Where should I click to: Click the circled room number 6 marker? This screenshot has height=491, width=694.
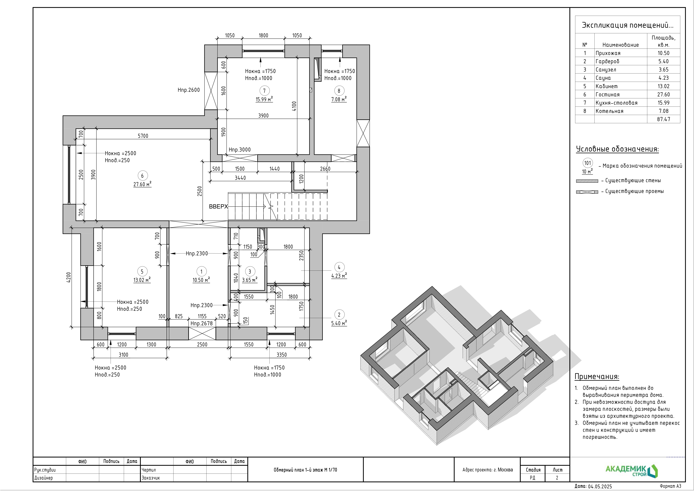[x=142, y=175]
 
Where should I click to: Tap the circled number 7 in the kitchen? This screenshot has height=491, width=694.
[x=264, y=90]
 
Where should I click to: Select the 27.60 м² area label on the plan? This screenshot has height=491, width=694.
[x=142, y=184]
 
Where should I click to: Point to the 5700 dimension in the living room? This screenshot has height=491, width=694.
[x=143, y=136]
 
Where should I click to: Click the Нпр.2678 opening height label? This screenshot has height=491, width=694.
[x=202, y=323]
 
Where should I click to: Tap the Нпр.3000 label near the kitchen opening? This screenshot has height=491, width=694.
[x=239, y=149]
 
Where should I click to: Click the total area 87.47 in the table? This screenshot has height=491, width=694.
[x=664, y=119]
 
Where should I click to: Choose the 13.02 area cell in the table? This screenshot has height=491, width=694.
[x=664, y=86]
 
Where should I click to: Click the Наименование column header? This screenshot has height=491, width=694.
[x=621, y=45]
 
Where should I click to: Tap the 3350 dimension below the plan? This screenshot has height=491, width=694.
[x=281, y=355]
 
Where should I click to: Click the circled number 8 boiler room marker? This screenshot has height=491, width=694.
[x=339, y=90]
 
